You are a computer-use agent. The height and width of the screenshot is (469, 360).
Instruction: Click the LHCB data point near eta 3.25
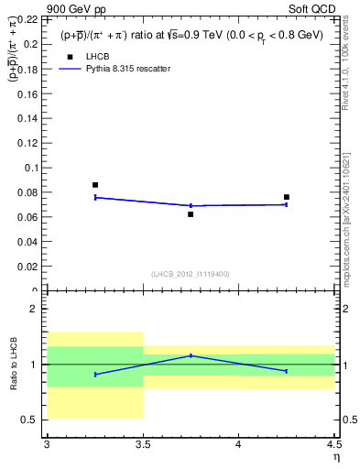pos(95,185)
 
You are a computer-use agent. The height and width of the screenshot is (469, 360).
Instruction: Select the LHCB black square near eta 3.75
pos(191,214)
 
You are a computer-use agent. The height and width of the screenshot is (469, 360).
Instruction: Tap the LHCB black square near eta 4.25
pos(287,197)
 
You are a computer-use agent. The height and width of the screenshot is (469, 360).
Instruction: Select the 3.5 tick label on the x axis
pos(142,445)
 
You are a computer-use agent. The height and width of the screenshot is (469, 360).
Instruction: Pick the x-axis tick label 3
pos(47,445)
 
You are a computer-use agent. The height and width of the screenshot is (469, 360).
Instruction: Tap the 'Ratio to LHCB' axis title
pos(13,365)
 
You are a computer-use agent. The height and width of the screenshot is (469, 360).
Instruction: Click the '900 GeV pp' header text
pos(46,7)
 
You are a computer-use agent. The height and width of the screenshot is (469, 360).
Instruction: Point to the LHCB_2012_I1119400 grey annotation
pos(191,274)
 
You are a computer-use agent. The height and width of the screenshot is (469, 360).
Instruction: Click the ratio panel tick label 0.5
pos(31,420)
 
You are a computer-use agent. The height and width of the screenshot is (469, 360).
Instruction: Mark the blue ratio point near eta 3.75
pos(191,355)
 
